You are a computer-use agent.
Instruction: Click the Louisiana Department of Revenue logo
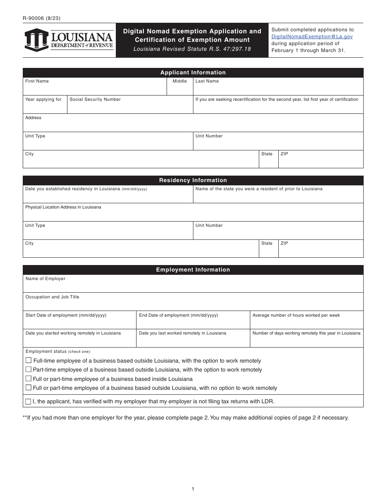point(69,40)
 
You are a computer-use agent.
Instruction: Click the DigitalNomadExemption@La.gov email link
point(312,37)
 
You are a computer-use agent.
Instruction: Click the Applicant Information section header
point(193,73)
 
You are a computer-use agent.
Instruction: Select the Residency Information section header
point(193,180)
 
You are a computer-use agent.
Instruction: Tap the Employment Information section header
point(193,270)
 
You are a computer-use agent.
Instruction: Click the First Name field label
point(37,81)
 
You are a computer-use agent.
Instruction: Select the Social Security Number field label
point(95,100)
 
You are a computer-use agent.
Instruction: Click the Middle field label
point(180,81)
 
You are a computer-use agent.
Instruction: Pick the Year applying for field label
point(43,100)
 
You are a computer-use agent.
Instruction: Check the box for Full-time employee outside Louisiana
point(28,361)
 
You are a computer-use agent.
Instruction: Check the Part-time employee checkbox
point(28,370)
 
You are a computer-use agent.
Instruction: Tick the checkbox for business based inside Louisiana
point(28,379)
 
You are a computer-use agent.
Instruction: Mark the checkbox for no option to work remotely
point(28,388)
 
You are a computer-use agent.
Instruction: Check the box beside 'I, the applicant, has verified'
point(28,402)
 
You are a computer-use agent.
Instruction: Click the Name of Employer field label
point(46,279)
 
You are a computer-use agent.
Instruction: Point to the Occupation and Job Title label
point(52,297)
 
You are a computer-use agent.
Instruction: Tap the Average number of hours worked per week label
point(296,315)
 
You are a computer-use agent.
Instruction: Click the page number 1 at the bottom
point(193,489)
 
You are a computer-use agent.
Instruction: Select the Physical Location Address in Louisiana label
point(63,207)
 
